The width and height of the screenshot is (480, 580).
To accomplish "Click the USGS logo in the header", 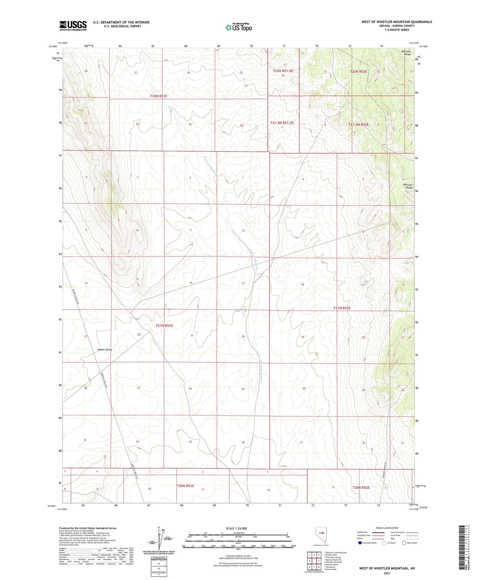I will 73,25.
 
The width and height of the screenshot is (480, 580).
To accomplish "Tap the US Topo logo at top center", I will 238,27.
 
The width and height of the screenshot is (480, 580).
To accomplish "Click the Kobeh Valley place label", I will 105,350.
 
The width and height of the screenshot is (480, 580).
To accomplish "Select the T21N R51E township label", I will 164,326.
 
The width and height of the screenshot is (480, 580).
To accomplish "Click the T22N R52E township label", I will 358,71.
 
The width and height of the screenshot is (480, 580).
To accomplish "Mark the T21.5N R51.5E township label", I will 282,123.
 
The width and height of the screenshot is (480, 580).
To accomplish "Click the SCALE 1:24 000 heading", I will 236,528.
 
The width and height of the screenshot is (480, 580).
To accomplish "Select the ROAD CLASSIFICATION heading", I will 387,528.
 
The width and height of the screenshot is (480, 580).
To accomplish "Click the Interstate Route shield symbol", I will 360,543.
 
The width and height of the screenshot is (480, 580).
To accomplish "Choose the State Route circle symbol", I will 404,543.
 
